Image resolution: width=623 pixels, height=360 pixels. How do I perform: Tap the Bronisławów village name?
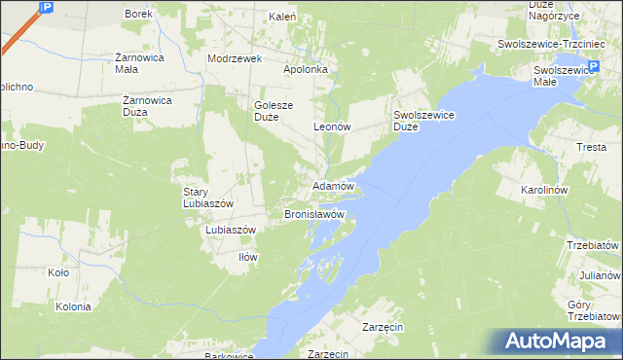coord(313,213)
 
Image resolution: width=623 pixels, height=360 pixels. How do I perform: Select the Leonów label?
coord(331,127)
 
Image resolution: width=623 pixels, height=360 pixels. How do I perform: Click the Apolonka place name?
coord(307,70)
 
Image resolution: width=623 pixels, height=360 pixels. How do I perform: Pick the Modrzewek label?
coord(236,58)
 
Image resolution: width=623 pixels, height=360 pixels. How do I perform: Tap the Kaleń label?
coord(282,17)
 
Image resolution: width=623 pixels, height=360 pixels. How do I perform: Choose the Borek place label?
coord(140,15)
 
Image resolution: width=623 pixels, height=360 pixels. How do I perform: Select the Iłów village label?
coord(248,257)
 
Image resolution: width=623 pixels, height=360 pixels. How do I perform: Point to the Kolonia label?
coord(73,306)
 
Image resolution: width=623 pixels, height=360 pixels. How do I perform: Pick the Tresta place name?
coord(591,147)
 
